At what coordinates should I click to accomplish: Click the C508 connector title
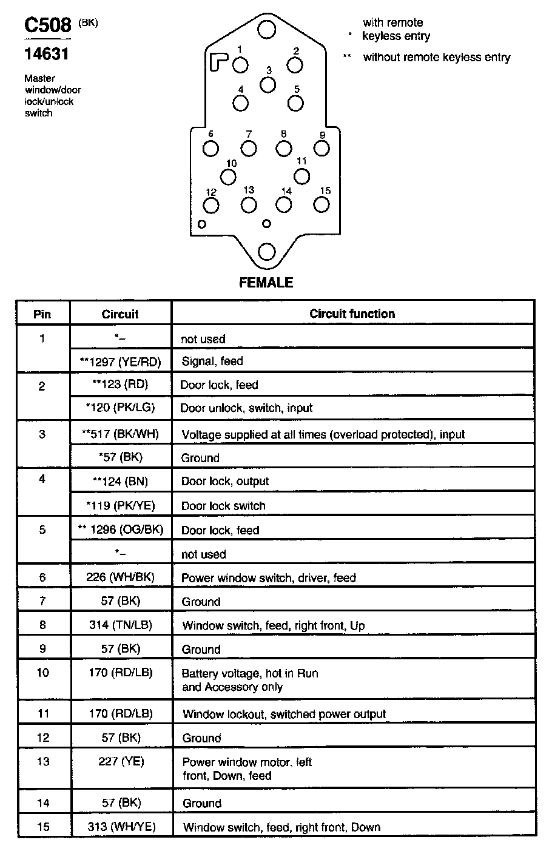click(x=47, y=25)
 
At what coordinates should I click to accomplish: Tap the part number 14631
click(x=46, y=54)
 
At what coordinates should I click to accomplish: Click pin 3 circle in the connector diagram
click(x=268, y=84)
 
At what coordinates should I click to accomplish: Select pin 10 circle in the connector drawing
click(x=228, y=177)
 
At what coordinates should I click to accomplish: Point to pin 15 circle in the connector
click(x=321, y=205)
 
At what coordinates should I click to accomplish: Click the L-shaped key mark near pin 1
click(x=219, y=61)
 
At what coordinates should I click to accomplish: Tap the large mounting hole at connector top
click(x=266, y=29)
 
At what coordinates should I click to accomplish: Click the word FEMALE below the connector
click(x=266, y=283)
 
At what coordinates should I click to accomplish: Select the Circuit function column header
click(x=352, y=314)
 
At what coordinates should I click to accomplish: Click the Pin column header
click(x=42, y=314)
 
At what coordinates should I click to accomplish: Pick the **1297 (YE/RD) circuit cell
click(x=119, y=361)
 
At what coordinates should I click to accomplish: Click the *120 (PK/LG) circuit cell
click(x=119, y=408)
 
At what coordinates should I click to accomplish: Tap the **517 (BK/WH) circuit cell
click(x=119, y=434)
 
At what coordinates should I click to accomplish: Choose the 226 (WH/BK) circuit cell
click(x=120, y=577)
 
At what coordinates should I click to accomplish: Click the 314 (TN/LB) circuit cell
click(x=120, y=625)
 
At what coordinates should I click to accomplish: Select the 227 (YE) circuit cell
click(x=121, y=762)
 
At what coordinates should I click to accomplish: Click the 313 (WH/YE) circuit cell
click(x=121, y=827)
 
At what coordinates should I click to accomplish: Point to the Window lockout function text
click(x=284, y=714)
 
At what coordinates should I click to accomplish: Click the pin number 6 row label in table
click(x=42, y=577)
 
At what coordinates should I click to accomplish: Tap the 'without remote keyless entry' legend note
click(x=436, y=58)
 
